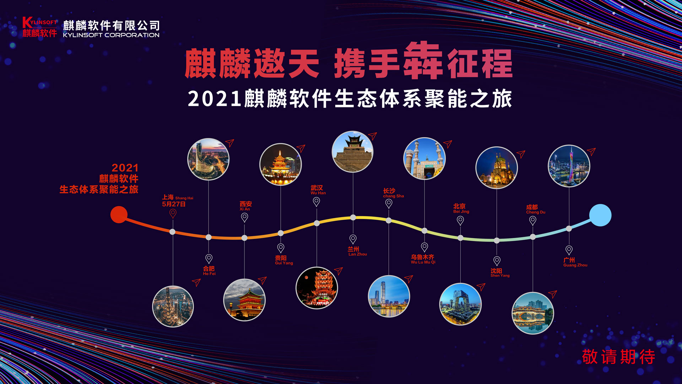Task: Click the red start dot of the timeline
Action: tap(119, 214)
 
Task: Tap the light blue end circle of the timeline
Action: tap(600, 215)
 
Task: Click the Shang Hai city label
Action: tap(178, 197)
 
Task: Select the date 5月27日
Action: tap(174, 204)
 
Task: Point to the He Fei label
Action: tap(209, 271)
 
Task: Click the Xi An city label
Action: tap(245, 206)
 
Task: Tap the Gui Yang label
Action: tap(284, 260)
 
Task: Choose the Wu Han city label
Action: tap(318, 190)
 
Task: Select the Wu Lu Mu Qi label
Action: tap(423, 259)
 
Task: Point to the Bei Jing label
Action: tap(461, 208)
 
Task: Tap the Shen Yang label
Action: tap(500, 273)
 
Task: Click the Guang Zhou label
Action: tap(575, 262)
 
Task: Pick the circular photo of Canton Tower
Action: tap(569, 166)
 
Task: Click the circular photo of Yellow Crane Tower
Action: tap(316, 288)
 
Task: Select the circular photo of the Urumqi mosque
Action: tap(424, 158)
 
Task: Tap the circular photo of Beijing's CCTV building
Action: tap(460, 304)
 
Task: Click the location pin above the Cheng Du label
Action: tap(532, 220)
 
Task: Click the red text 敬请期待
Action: tap(618, 357)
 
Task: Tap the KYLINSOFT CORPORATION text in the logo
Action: tap(111, 35)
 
